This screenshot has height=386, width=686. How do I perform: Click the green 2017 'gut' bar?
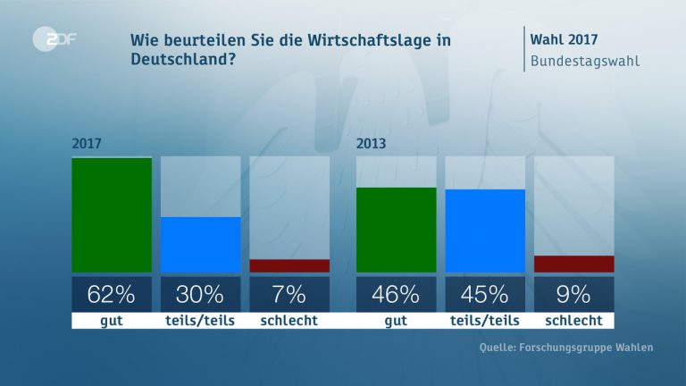pyautogui.click(x=112, y=214)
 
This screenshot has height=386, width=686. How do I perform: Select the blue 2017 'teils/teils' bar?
pyautogui.click(x=200, y=244)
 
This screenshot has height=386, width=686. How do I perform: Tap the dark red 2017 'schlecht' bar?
pyautogui.click(x=289, y=265)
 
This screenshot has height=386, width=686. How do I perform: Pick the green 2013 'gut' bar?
pyautogui.click(x=396, y=230)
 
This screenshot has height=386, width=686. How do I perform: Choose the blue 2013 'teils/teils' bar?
pyautogui.click(x=485, y=231)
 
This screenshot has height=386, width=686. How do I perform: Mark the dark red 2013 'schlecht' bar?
pyautogui.click(x=573, y=264)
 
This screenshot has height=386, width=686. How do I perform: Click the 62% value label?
pyautogui.click(x=112, y=294)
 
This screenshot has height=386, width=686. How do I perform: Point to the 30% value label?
pyautogui.click(x=200, y=294)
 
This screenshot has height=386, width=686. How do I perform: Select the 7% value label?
pyautogui.click(x=289, y=294)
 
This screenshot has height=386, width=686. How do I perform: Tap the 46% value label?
pyautogui.click(x=396, y=294)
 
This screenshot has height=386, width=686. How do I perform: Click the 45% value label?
pyautogui.click(x=485, y=294)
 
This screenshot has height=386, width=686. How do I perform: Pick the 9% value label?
pyautogui.click(x=573, y=294)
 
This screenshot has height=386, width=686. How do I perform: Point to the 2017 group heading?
pyautogui.click(x=86, y=143)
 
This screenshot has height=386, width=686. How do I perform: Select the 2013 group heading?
pyautogui.click(x=371, y=143)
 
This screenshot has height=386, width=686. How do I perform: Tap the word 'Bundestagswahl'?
pyautogui.click(x=585, y=62)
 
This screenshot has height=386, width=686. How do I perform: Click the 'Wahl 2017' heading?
pyautogui.click(x=564, y=39)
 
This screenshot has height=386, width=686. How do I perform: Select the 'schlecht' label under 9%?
pyautogui.click(x=573, y=320)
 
